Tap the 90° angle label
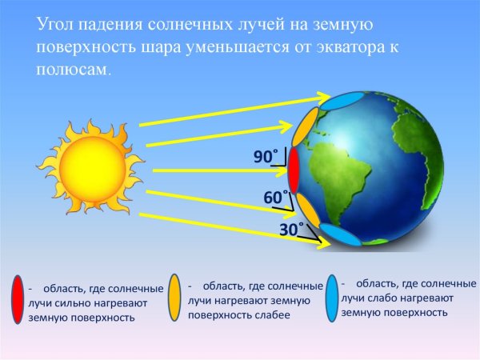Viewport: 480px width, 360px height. pos(265,158)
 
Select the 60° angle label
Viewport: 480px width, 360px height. pos(274,197)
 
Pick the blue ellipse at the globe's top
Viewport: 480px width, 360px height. pos(343,101)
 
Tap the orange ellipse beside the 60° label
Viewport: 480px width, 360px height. pos(308,210)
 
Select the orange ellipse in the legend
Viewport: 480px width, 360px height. pos(175,298)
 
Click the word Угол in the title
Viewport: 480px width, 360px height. pos(56,26)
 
